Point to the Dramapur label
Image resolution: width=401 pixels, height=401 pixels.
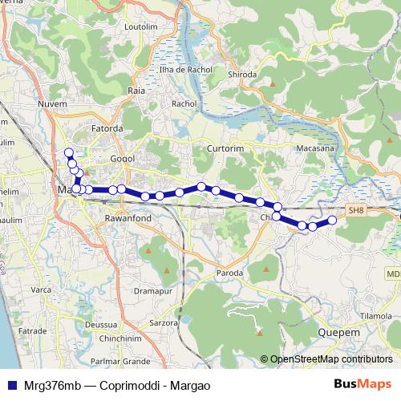(x=156, y=290)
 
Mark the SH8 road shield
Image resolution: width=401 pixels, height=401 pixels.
(x=355, y=209)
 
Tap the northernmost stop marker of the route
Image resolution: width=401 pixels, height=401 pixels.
(x=69, y=152)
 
